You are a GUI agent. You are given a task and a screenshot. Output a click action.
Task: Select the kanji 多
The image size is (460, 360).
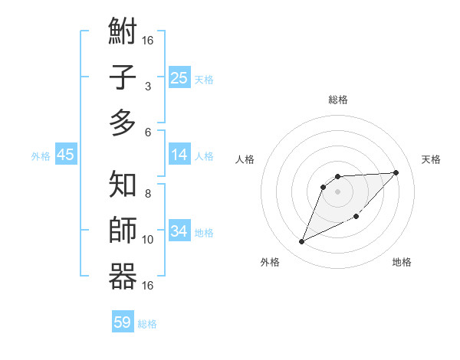tap(123, 122)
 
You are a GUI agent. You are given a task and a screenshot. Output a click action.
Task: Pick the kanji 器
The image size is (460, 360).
tap(123, 276)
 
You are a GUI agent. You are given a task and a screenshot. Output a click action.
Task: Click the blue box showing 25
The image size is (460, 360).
tap(179, 78)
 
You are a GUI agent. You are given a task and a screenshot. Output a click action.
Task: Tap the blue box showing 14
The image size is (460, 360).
tap(179, 155)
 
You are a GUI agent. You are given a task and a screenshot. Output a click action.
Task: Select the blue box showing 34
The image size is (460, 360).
tap(179, 231)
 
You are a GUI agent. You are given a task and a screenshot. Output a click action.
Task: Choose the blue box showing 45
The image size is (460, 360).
tap(65, 155)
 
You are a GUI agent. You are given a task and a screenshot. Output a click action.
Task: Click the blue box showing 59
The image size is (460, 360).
tap(122, 322)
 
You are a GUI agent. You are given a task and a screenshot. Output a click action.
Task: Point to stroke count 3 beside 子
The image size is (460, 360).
tap(147, 87)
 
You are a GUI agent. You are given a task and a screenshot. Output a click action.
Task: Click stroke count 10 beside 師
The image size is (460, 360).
tap(148, 240)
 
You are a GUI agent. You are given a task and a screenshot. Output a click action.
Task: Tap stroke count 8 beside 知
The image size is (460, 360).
tap(147, 193)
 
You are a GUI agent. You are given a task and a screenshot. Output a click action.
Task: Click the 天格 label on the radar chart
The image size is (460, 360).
tap(431, 159)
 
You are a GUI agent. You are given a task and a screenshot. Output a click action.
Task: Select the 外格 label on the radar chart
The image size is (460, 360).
tap(270, 262)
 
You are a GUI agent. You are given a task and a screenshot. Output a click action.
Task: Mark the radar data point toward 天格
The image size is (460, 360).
tap(396, 172)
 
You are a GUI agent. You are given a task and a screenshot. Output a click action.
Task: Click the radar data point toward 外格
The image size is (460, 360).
tap(301, 242)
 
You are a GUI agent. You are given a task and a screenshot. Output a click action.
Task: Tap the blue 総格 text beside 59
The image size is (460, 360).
tap(147, 324)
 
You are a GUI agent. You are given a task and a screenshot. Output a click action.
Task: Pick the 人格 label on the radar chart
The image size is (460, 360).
tap(245, 159)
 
